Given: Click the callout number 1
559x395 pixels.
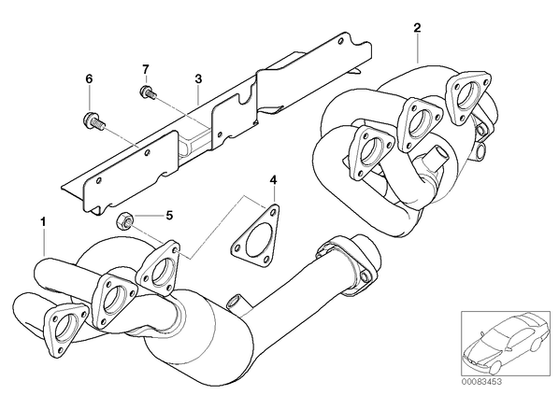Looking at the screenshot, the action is (x=43, y=222).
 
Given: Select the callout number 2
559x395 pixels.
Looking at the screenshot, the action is (x=417, y=28).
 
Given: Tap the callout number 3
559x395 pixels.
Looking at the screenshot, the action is (x=198, y=78).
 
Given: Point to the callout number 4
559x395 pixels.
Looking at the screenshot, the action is (x=273, y=180).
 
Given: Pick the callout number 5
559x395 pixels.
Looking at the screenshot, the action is (x=169, y=215).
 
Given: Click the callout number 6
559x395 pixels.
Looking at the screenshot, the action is (x=89, y=78).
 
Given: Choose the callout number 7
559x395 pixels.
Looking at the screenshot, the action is (x=146, y=69).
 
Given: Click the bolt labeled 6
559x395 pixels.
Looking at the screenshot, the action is (x=93, y=121).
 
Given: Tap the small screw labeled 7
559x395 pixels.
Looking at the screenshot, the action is (x=148, y=92).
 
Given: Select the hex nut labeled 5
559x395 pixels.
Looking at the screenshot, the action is (x=124, y=219).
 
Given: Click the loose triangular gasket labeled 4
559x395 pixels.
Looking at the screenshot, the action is (x=255, y=236).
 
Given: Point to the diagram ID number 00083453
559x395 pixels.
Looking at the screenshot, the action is (x=481, y=382).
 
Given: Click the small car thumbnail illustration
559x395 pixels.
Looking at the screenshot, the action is (x=506, y=344).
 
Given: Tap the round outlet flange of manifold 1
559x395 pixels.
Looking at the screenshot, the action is (x=348, y=263).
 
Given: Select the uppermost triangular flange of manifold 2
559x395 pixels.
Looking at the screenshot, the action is (x=467, y=94).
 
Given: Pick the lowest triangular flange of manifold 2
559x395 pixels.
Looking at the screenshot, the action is (x=370, y=151).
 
